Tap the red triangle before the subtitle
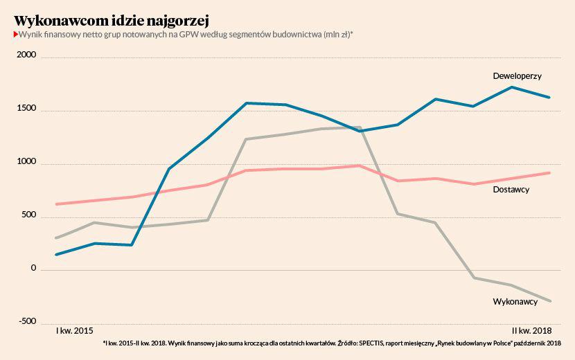pos(15,34)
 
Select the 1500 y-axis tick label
pos(26,109)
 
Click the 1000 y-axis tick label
pos(26,162)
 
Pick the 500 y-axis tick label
pos(28,215)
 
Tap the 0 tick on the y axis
pos(33,268)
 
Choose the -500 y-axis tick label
pos(26,321)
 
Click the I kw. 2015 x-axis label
pos(74,330)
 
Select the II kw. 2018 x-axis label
pos(531,330)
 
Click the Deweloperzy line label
pos(517,75)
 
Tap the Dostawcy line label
pos(511,189)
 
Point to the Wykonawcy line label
pos(515,302)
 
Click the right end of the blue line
pos(549,98)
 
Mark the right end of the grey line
pos(549,301)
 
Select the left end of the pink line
pos(56,204)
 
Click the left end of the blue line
pos(56,255)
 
